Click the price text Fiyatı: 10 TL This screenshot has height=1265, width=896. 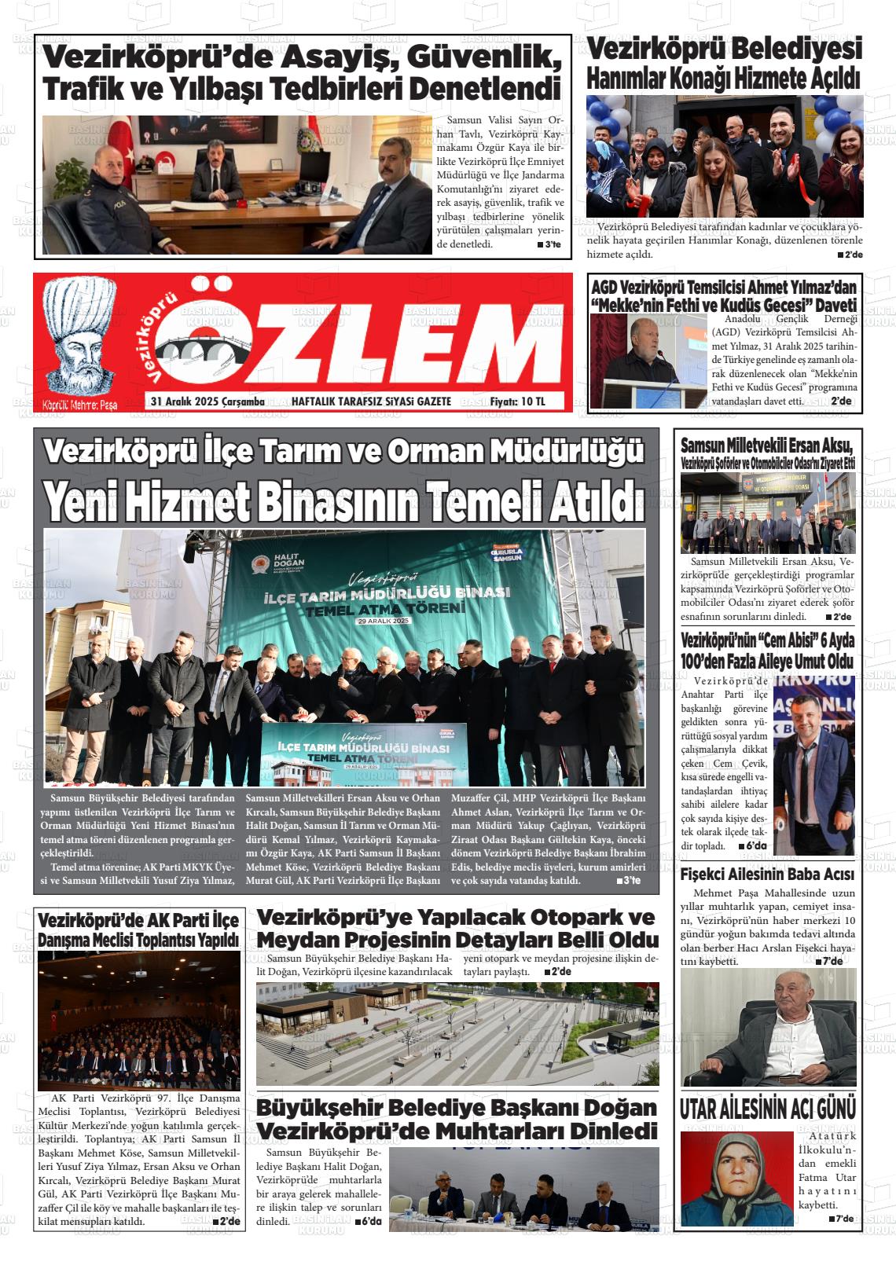pyautogui.click(x=517, y=401)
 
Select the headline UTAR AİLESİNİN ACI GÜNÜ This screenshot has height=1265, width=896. pyautogui.click(x=768, y=1109)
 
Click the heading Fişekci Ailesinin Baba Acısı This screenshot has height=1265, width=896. pyautogui.click(x=767, y=874)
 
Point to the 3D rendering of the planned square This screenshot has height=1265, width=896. pyautogui.click(x=457, y=1033)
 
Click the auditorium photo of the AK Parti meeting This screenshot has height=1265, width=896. pyautogui.click(x=139, y=1021)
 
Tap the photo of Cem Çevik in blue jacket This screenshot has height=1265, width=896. pyautogui.click(x=813, y=762)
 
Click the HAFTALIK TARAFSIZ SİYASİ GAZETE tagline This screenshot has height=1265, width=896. pyautogui.click(x=371, y=401)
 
